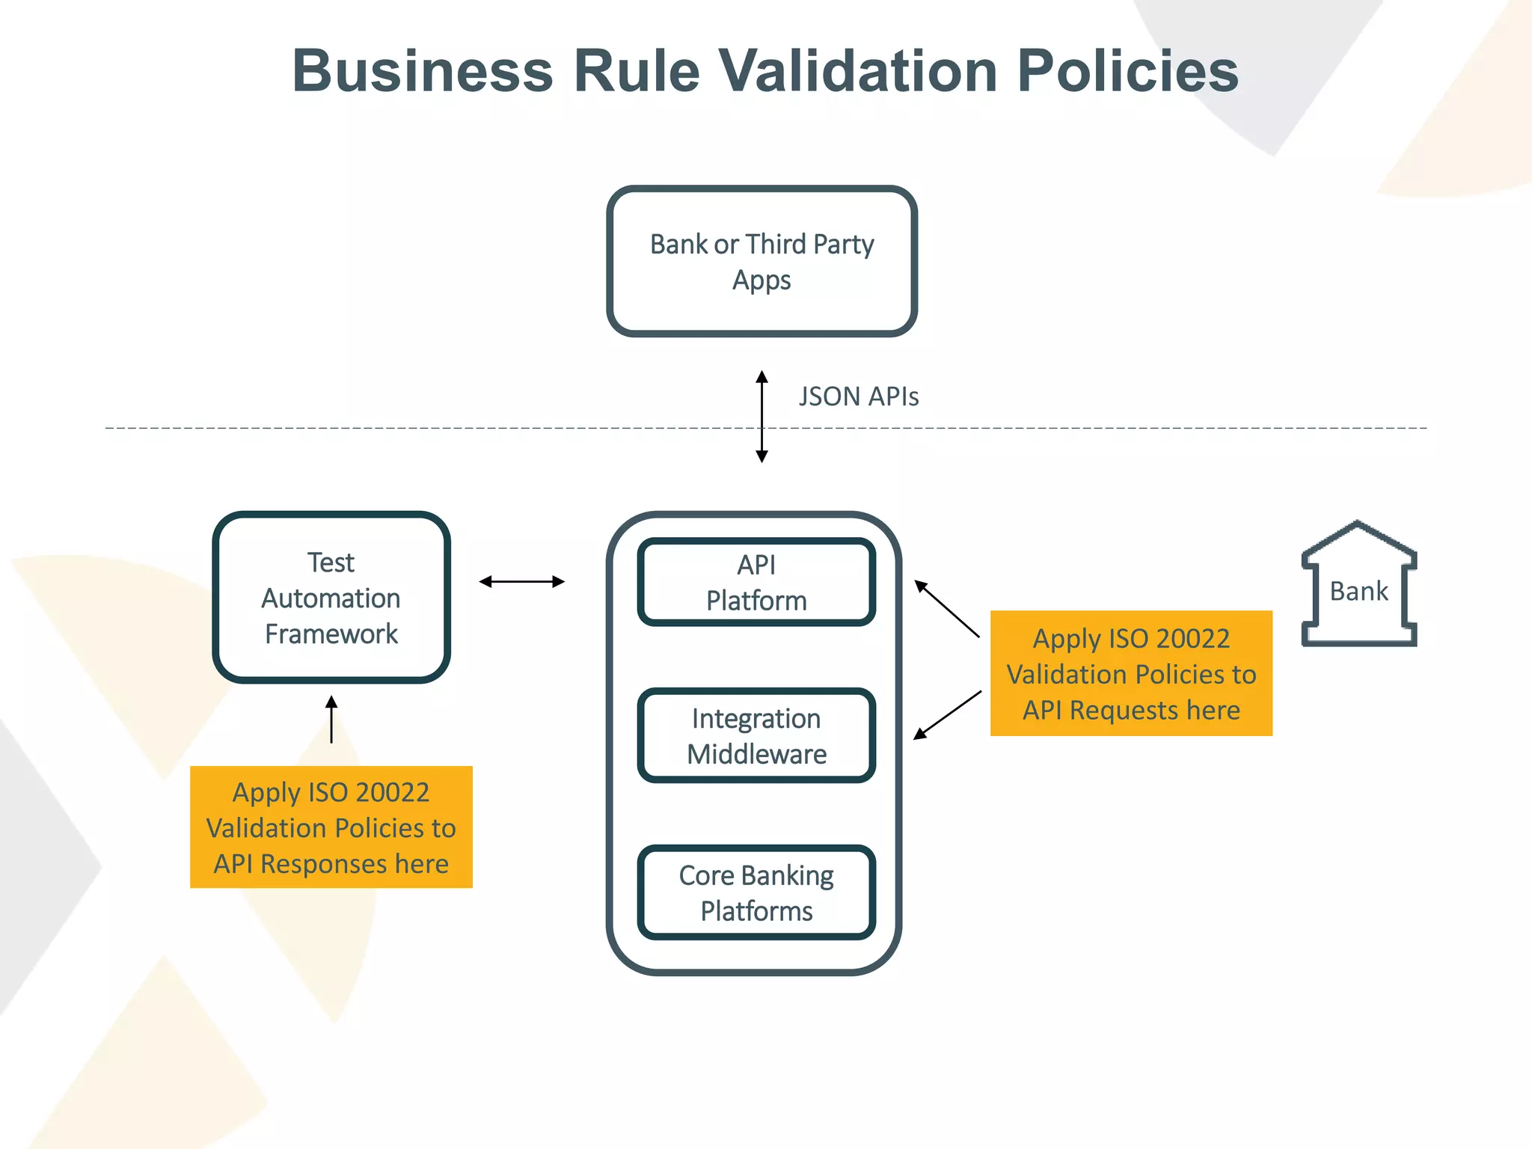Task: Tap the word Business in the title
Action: [422, 71]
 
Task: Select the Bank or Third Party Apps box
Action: [762, 261]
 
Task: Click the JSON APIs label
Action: [858, 396]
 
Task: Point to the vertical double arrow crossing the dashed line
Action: [762, 417]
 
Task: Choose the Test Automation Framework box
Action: [331, 597]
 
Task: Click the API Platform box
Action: [756, 583]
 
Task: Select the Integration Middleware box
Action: [756, 736]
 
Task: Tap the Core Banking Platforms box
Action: [756, 892]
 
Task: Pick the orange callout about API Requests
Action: [1131, 673]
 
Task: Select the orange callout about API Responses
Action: [331, 827]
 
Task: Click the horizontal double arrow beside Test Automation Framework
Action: [521, 581]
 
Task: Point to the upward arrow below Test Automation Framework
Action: [331, 719]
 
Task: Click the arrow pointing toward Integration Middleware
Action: [947, 715]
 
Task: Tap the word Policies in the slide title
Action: [1127, 71]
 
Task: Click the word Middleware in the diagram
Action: [756, 754]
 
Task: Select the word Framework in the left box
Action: [331, 634]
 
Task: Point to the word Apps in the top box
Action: [762, 281]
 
